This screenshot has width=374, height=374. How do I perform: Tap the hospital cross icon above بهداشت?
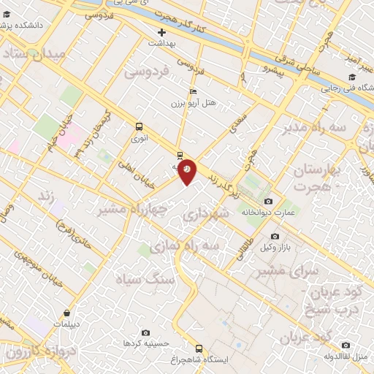click(x=162, y=32)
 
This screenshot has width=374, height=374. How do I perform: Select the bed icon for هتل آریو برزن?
click(x=192, y=91)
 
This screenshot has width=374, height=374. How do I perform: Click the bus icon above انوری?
click(x=139, y=126)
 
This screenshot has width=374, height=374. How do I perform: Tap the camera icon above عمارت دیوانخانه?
click(x=268, y=201)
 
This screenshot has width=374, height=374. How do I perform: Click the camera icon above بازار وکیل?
click(x=275, y=236)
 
